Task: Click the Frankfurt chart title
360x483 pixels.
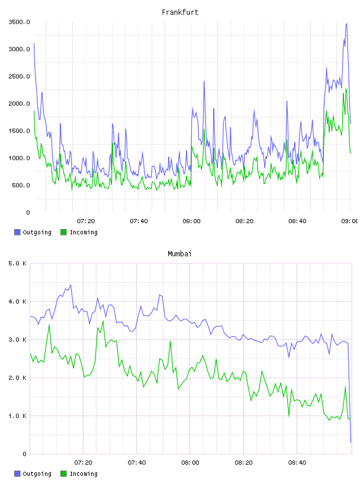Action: [180, 12]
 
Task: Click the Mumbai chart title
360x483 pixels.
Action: [179, 254]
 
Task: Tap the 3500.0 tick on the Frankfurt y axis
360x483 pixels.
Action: [19, 22]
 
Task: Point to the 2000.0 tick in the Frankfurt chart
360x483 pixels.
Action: [19, 104]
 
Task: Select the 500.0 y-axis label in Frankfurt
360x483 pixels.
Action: [21, 185]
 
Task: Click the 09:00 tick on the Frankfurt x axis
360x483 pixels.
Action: [350, 221]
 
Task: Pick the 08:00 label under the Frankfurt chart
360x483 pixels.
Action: [191, 221]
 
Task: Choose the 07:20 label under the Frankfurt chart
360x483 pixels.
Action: [86, 221]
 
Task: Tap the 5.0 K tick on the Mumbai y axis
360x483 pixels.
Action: [17, 263]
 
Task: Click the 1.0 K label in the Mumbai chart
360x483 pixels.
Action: [17, 416]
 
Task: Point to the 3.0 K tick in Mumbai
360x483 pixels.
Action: [17, 339]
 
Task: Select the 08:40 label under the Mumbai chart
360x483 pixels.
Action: [297, 462]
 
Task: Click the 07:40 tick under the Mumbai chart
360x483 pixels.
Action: [137, 462]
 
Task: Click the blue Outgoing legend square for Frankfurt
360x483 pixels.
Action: [17, 232]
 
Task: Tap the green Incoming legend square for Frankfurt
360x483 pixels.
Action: [63, 232]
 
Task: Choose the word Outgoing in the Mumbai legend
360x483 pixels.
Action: [37, 474]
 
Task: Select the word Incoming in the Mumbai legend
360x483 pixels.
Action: [83, 474]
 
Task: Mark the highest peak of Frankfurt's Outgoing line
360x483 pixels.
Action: [347, 23]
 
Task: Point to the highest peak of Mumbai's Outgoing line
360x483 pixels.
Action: [71, 285]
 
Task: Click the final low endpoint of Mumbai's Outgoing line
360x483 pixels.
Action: [351, 442]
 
